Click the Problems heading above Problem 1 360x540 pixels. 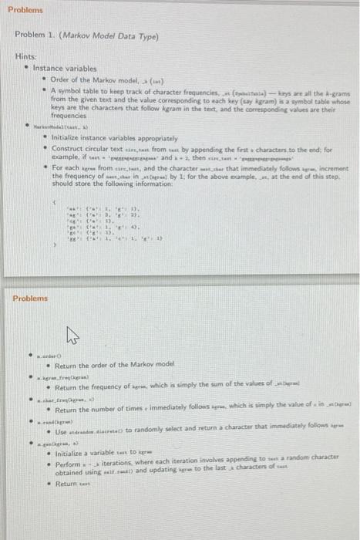26,12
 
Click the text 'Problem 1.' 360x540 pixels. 33,36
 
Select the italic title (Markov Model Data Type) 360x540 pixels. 95,36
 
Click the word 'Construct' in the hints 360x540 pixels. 68,148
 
